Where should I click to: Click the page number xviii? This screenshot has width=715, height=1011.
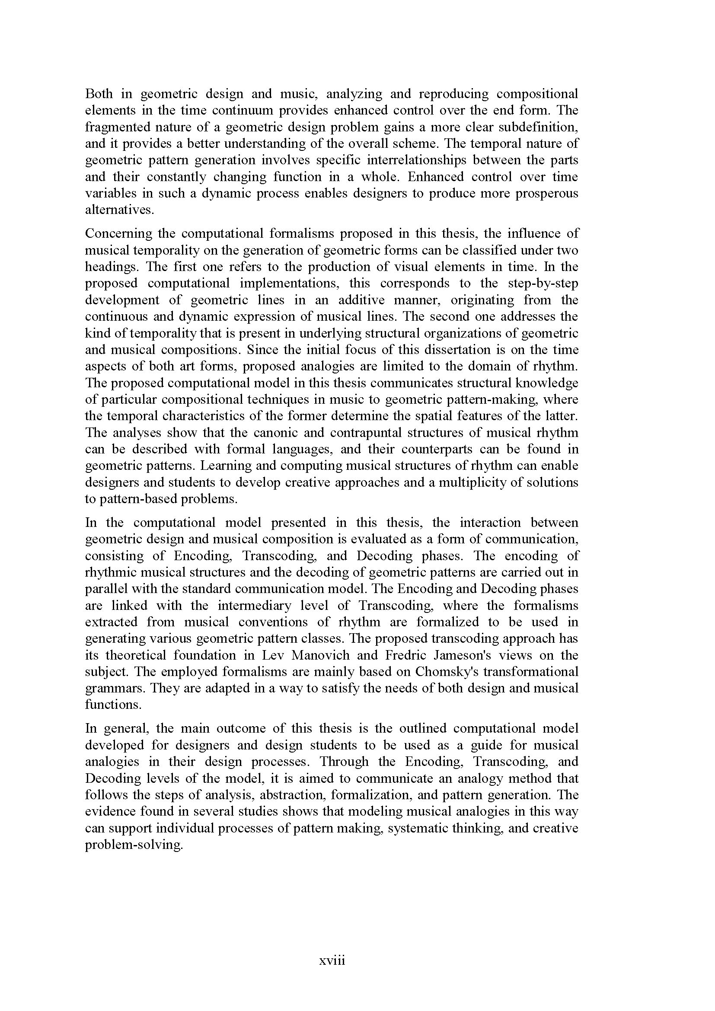point(332,960)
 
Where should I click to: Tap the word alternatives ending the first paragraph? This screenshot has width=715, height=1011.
point(119,210)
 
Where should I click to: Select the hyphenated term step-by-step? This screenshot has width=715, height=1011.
point(543,283)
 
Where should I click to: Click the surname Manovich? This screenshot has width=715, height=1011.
point(320,655)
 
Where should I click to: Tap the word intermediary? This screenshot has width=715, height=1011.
point(254,606)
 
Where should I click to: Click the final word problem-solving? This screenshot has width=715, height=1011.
point(134,845)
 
